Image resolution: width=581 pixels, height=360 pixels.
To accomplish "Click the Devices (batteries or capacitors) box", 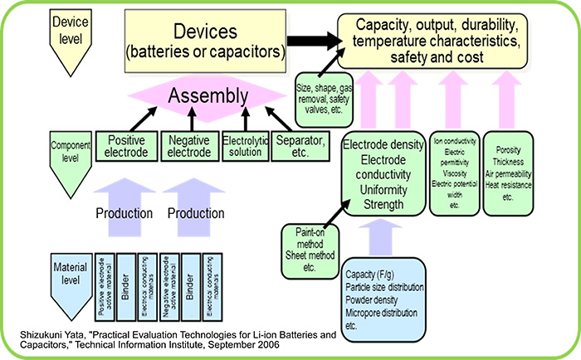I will coord(204,39).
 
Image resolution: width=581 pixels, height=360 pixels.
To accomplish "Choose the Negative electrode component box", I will coord(187,147).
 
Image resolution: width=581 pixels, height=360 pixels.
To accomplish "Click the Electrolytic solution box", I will coord(245,147).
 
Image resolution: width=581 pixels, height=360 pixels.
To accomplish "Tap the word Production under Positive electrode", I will coord(124,214).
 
